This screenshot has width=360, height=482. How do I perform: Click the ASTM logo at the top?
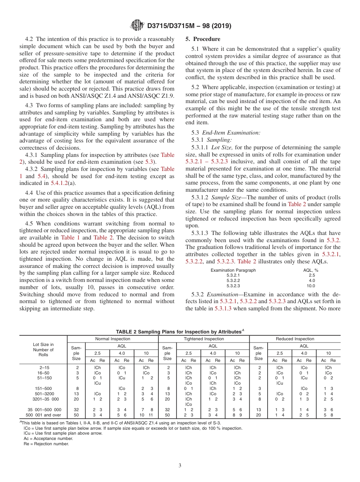point(137,25)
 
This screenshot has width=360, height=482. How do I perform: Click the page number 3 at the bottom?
point(180,465)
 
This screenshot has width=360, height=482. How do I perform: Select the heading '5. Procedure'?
point(203,39)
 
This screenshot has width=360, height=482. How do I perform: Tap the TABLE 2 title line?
point(180,332)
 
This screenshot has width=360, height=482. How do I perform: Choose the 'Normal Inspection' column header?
point(113,339)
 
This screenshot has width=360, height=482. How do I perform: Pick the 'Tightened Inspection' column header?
point(204,339)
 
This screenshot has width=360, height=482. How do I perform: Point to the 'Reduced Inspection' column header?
point(295,339)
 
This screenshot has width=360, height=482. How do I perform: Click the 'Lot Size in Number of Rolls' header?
point(43,350)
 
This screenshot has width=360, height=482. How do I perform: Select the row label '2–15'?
point(43,368)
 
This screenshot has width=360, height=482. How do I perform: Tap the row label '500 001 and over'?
point(43,415)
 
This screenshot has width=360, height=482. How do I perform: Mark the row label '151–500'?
point(43,388)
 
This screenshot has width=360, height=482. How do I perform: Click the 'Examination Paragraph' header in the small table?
point(233,270)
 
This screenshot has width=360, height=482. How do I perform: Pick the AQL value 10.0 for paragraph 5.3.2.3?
point(311,286)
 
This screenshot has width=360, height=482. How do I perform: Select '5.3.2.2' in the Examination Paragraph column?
point(233,281)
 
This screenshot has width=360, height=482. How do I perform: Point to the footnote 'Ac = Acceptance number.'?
point(48,438)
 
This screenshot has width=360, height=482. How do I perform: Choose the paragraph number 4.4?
point(29,193)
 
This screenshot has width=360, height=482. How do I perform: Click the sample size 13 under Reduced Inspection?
point(258,410)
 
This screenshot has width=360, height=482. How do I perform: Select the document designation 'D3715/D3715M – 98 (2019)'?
point(189,26)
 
